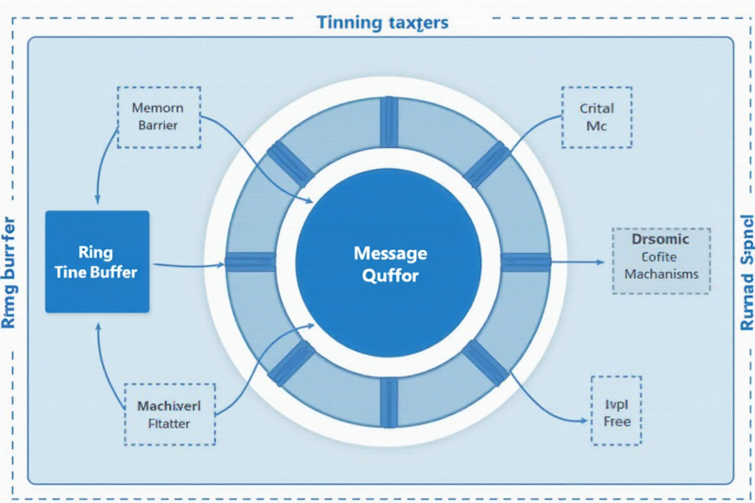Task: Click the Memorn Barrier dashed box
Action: [158, 117]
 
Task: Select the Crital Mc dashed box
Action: [596, 117]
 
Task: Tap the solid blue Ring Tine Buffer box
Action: [97, 261]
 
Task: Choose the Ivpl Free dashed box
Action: [616, 411]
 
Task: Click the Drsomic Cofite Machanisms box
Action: [661, 260]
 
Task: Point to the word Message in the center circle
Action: [390, 253]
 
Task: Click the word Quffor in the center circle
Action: [390, 277]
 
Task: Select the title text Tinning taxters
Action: [382, 22]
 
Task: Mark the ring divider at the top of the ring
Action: [390, 123]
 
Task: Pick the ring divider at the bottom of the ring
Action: [390, 402]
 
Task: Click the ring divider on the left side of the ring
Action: [249, 262]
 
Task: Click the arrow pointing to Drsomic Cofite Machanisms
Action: [576, 261]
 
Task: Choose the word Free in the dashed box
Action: [616, 421]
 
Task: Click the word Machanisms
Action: [661, 275]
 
